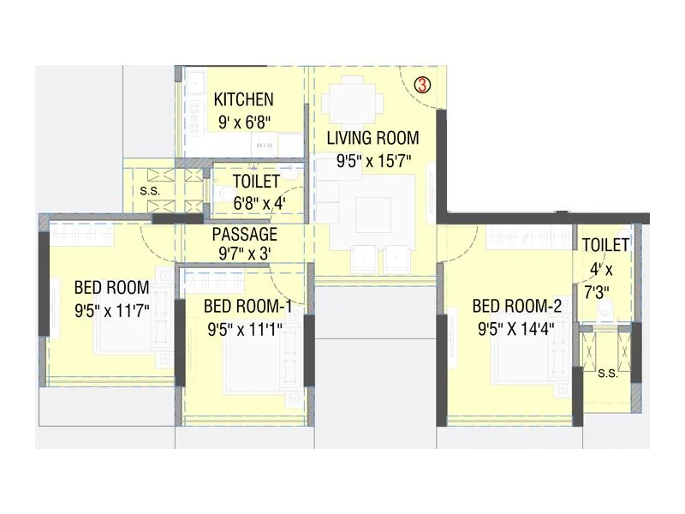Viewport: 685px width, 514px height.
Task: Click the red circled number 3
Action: pyautogui.click(x=421, y=85)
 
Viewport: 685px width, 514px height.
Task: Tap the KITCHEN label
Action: pyautogui.click(x=243, y=99)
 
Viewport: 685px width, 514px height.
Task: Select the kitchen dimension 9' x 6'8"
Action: pyautogui.click(x=243, y=121)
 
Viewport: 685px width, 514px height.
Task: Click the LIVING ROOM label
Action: pyautogui.click(x=372, y=137)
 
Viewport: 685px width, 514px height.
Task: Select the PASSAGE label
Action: pyautogui.click(x=245, y=234)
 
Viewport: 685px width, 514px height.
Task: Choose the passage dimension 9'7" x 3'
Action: pyautogui.click(x=245, y=254)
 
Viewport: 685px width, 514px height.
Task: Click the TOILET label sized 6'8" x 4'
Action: pyautogui.click(x=256, y=182)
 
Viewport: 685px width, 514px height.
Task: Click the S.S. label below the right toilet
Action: pyautogui.click(x=608, y=373)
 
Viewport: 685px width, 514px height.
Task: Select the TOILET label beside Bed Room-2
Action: pyautogui.click(x=605, y=246)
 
